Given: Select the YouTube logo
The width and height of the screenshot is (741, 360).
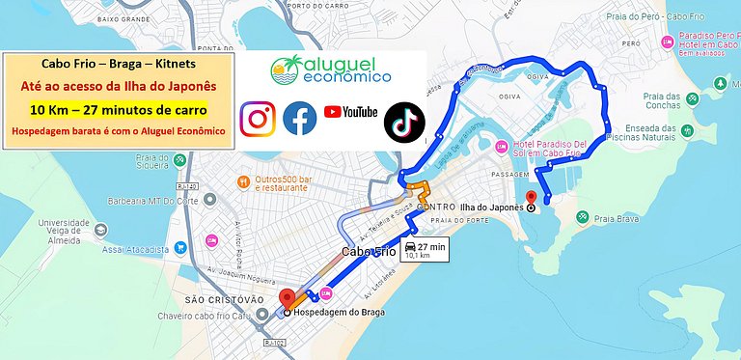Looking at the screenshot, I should click(x=350, y=112).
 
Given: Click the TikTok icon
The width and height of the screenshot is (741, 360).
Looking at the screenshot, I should click(x=404, y=123).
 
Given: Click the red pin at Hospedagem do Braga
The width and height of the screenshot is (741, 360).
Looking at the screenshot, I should click(x=287, y=298).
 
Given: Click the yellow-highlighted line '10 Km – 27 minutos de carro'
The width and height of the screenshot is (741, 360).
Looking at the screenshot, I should click(x=118, y=108).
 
